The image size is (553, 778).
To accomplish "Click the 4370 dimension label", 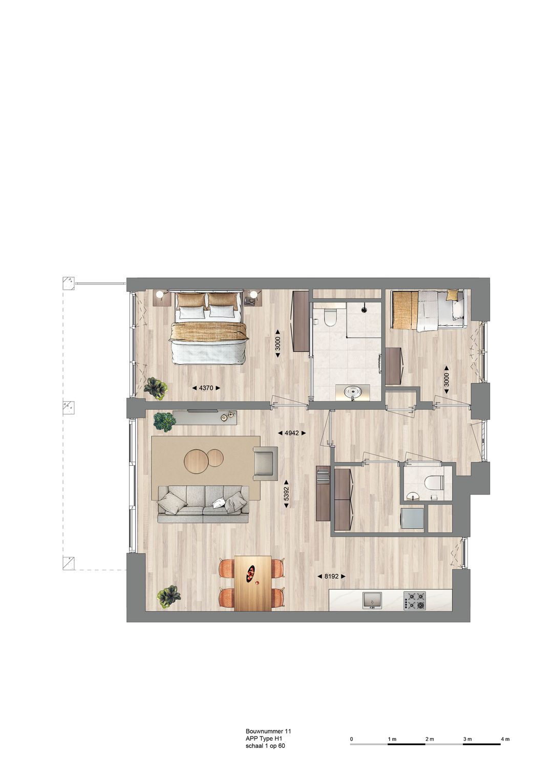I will pyautogui.click(x=206, y=388).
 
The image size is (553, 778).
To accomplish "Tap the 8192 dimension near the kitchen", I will pyautogui.click(x=331, y=576).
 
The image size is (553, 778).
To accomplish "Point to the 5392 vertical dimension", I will pyautogui.click(x=287, y=493).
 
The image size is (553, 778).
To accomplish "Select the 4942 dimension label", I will pyautogui.click(x=291, y=433).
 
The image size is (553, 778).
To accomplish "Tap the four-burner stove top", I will pyautogui.click(x=415, y=600).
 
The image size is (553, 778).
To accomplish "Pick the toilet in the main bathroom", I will pyautogui.click(x=329, y=318).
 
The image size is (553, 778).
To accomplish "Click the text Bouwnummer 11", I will pyautogui.click(x=268, y=732).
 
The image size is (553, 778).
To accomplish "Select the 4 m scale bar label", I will pyautogui.click(x=505, y=739).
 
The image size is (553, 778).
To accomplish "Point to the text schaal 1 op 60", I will pyautogui.click(x=265, y=746).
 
